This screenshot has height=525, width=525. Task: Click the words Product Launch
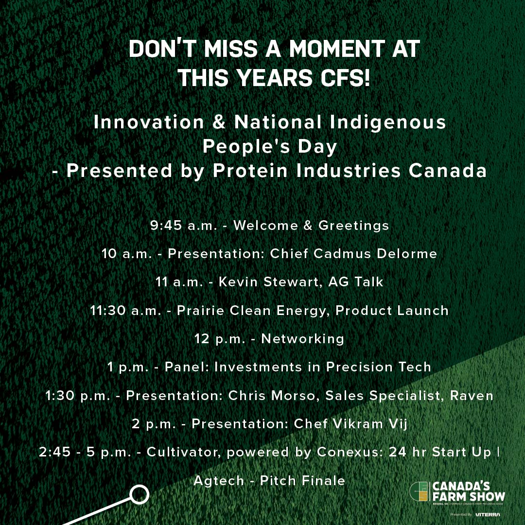coord(392,310)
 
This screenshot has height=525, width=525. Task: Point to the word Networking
coord(302,338)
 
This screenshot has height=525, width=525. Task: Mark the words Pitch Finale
coord(302,480)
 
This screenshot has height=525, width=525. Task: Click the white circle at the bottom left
coord(139,495)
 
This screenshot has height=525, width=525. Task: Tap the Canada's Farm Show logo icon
coord(420,492)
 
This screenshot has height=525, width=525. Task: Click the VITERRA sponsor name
coord(488,514)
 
